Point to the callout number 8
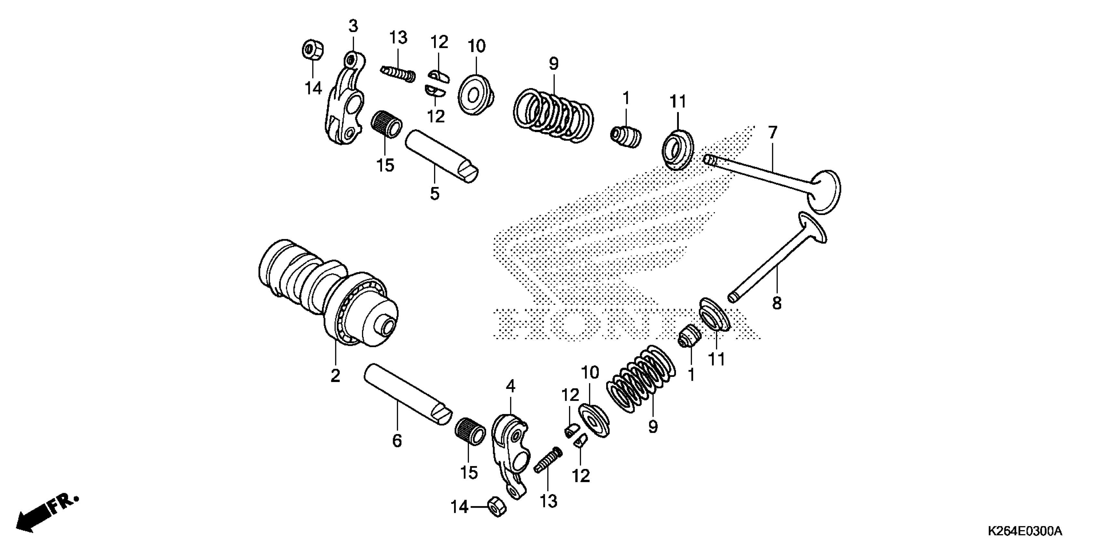[777, 304]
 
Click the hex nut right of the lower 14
[496, 506]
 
